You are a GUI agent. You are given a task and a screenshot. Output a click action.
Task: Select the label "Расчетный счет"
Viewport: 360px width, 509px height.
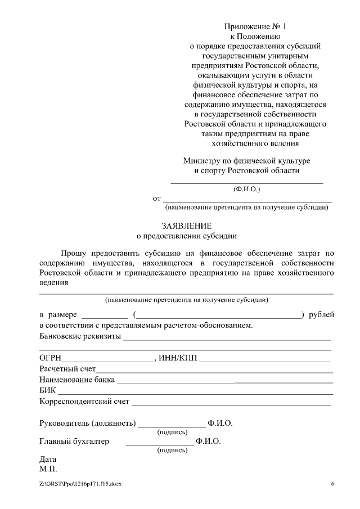[x=67, y=369]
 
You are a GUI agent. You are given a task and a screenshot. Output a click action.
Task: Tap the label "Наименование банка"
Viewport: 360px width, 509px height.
[x=77, y=380]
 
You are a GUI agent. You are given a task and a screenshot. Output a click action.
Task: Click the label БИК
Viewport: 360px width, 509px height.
[x=48, y=390]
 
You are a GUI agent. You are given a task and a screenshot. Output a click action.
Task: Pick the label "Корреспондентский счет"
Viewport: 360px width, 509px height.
[x=84, y=402]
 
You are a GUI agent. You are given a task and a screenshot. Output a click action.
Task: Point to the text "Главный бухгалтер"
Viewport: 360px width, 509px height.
[x=74, y=442]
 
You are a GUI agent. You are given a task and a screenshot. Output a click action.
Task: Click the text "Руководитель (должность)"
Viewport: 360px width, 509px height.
[x=88, y=423]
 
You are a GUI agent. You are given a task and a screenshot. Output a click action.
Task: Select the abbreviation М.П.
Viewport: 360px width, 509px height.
[x=48, y=469]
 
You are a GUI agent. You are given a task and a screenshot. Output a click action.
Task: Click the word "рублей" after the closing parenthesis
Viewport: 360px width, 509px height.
[x=322, y=314]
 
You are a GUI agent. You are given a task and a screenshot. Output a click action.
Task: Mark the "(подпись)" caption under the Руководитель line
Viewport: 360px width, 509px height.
[x=172, y=432]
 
